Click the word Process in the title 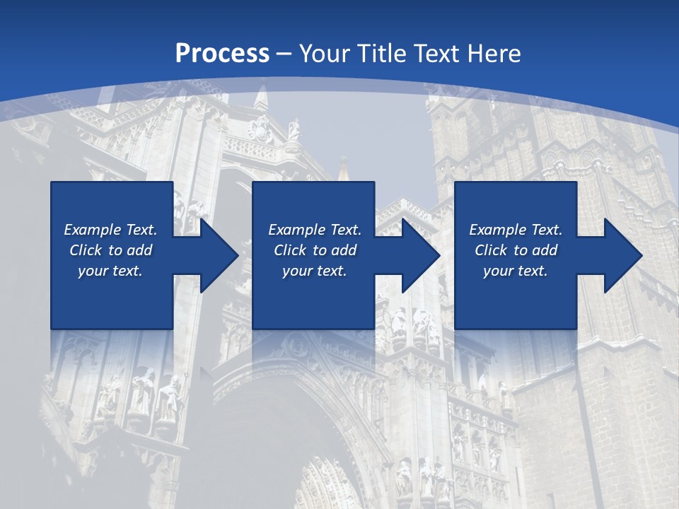(222, 54)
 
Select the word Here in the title (494, 54)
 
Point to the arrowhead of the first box (219, 255)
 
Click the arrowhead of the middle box (422, 255)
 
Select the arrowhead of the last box (623, 255)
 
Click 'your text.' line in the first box (110, 271)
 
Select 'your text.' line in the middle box (314, 271)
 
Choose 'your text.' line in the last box (515, 271)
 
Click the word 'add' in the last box (545, 250)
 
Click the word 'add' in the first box (139, 250)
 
